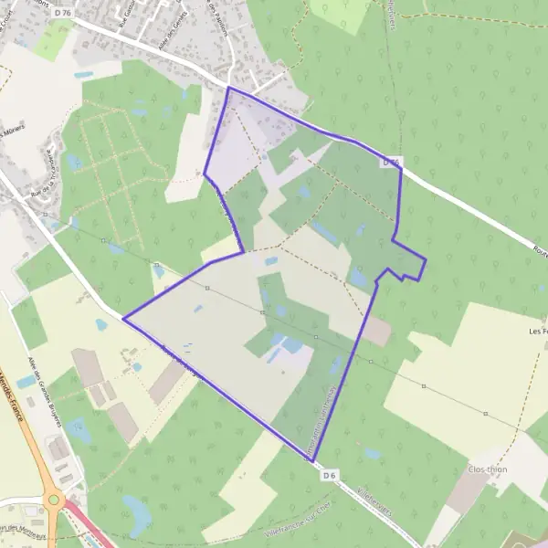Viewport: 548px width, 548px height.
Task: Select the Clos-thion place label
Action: (486, 469)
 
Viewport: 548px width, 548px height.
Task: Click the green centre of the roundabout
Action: (54, 500)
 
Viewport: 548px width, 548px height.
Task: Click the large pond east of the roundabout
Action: (138, 516)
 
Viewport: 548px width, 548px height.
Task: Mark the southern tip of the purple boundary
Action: (308, 459)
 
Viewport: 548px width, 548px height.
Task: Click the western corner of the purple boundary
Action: (122, 319)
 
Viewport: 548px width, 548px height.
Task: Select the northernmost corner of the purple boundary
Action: (227, 88)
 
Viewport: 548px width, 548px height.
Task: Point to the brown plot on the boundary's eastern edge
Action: (375, 332)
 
